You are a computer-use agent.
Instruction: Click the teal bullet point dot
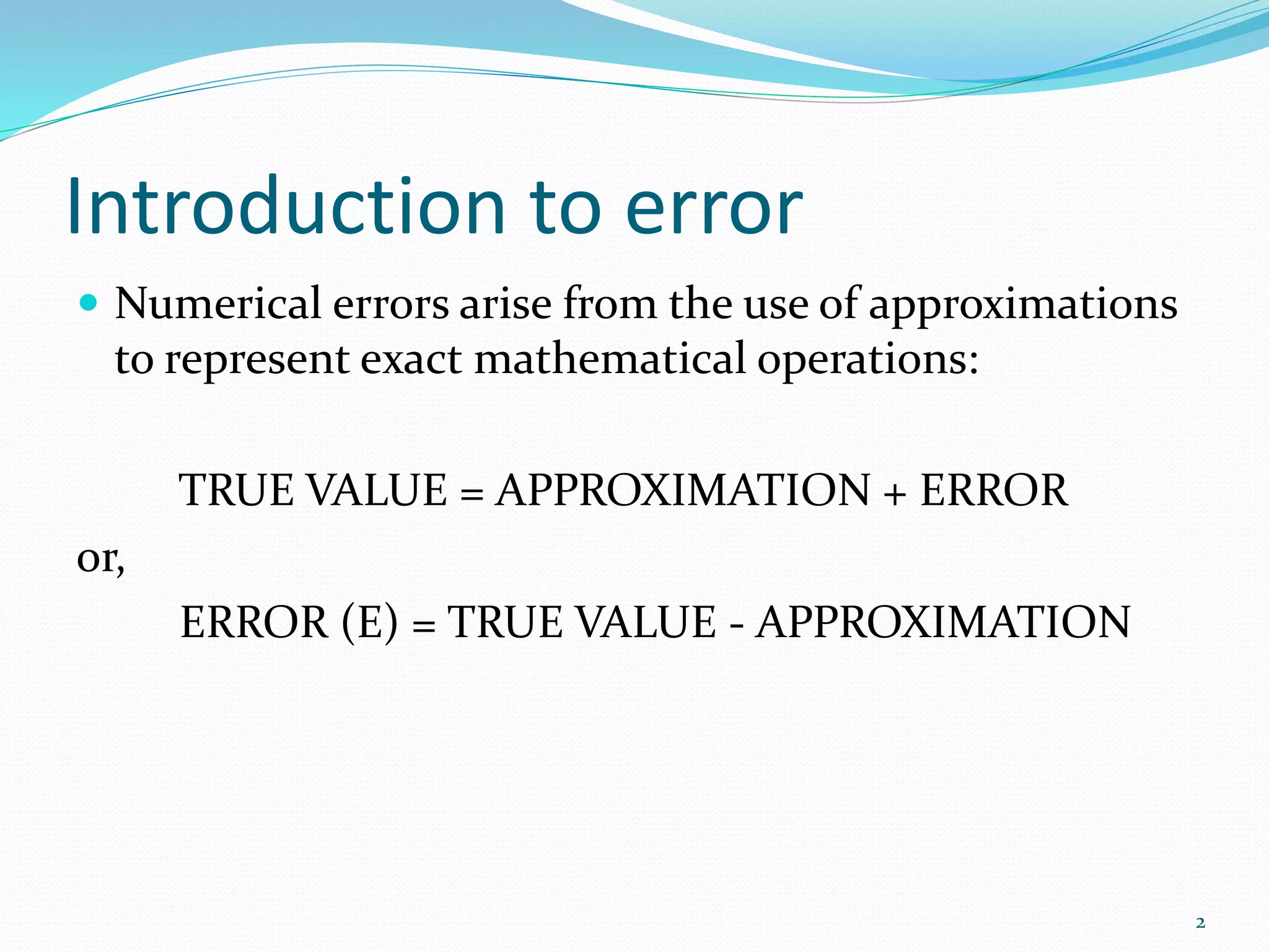tap(89, 303)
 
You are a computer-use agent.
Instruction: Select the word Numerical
tap(218, 304)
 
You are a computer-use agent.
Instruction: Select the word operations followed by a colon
tap(867, 361)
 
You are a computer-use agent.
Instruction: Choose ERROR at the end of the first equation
tap(994, 490)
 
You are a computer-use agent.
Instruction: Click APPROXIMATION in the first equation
tap(683, 490)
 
